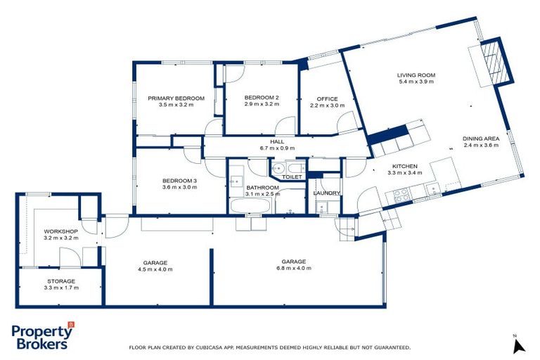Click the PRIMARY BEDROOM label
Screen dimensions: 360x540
coord(176,98)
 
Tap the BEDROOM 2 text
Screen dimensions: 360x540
coord(262,97)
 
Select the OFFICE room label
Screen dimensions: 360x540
coord(327,98)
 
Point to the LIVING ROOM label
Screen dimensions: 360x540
coord(416,75)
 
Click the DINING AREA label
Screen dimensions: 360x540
coord(480,139)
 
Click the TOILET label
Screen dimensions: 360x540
coord(292,177)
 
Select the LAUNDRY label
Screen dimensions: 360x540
coord(327,193)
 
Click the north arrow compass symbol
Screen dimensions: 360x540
coord(519,345)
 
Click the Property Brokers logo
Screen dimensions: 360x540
coord(43,337)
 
